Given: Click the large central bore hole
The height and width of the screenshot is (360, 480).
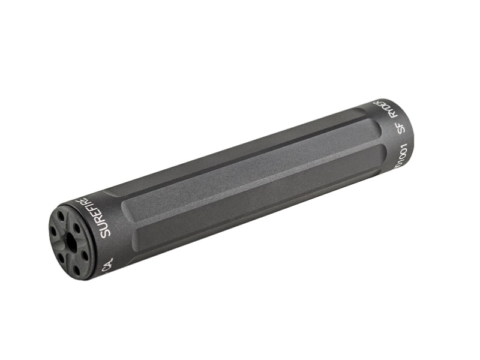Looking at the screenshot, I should (x=71, y=242).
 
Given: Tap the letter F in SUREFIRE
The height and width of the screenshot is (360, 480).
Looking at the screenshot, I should (x=95, y=211).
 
